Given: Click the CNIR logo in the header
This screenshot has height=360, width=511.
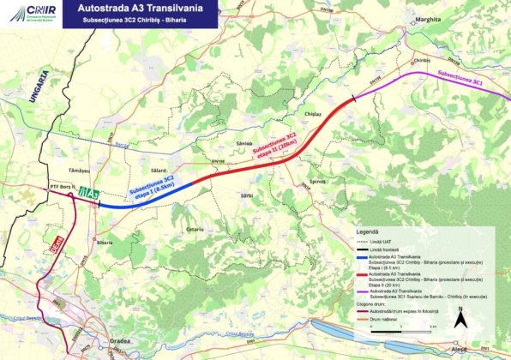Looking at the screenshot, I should [x=26, y=10].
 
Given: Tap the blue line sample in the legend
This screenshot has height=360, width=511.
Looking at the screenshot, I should [x=362, y=256].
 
